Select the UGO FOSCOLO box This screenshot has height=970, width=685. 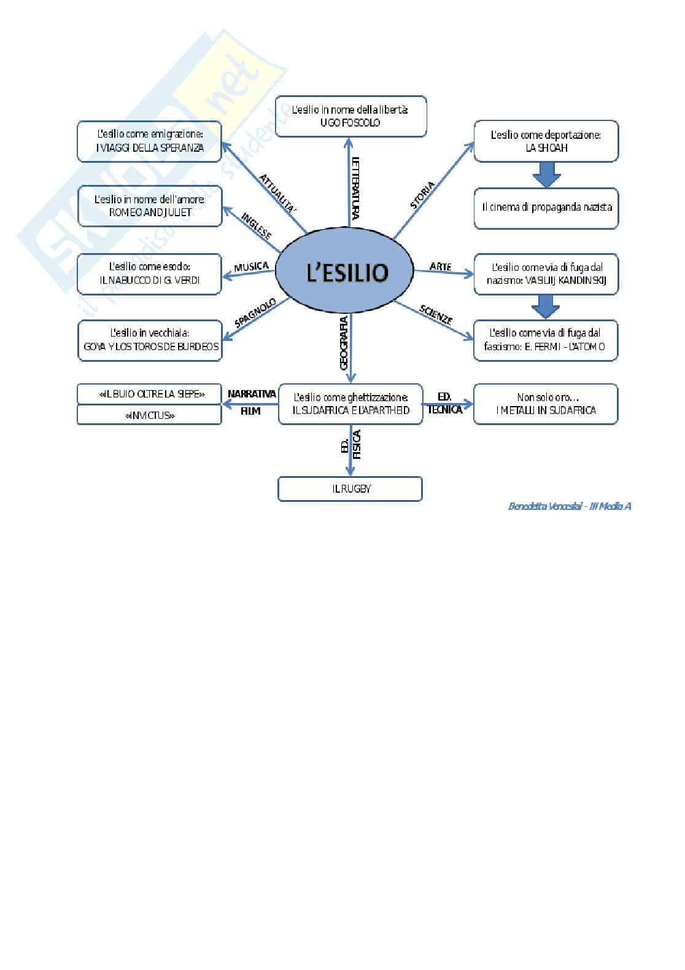[350, 116]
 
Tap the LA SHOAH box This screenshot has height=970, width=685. [546, 142]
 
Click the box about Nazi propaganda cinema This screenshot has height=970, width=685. [546, 208]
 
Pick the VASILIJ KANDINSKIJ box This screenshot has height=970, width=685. [546, 274]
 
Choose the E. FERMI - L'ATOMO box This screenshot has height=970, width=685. [546, 340]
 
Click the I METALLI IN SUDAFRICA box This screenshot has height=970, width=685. [546, 404]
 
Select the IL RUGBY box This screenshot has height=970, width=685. [350, 490]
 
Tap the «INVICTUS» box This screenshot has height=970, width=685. [149, 415]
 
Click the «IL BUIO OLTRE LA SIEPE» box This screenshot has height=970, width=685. [149, 394]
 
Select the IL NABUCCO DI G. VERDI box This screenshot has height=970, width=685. [149, 274]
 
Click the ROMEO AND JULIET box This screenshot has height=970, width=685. [150, 206]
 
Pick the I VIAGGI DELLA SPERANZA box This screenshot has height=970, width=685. [149, 142]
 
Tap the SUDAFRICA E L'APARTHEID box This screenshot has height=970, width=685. [350, 404]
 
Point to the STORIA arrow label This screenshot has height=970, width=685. [422, 195]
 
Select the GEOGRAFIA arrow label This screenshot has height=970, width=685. [344, 343]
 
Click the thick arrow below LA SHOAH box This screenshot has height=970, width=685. [546, 174]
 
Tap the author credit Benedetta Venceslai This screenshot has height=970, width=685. [569, 507]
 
